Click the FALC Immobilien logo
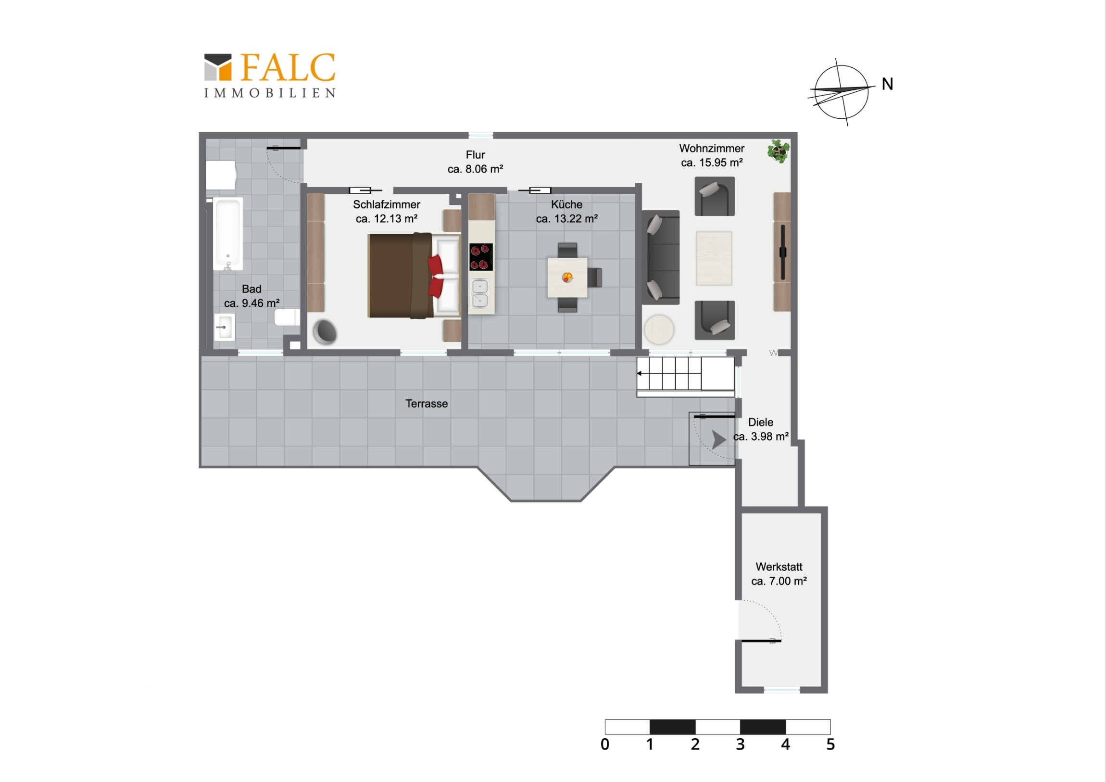click(x=270, y=76)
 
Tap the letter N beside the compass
click(x=887, y=84)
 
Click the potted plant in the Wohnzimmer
click(x=779, y=151)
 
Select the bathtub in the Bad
click(x=228, y=234)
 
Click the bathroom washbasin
click(x=224, y=327)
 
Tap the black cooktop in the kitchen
click(x=481, y=257)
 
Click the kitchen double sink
click(x=480, y=293)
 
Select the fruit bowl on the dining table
click(x=567, y=277)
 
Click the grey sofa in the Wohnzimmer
click(x=660, y=257)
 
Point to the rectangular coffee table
click(x=714, y=258)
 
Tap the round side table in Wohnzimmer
click(x=659, y=329)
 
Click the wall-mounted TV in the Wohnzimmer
click(x=783, y=252)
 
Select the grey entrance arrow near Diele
click(x=719, y=440)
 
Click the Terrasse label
click(x=427, y=404)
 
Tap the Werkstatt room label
click(x=779, y=567)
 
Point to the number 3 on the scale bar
click(x=741, y=744)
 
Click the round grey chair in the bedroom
click(x=325, y=332)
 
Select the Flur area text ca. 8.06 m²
click(x=476, y=169)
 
